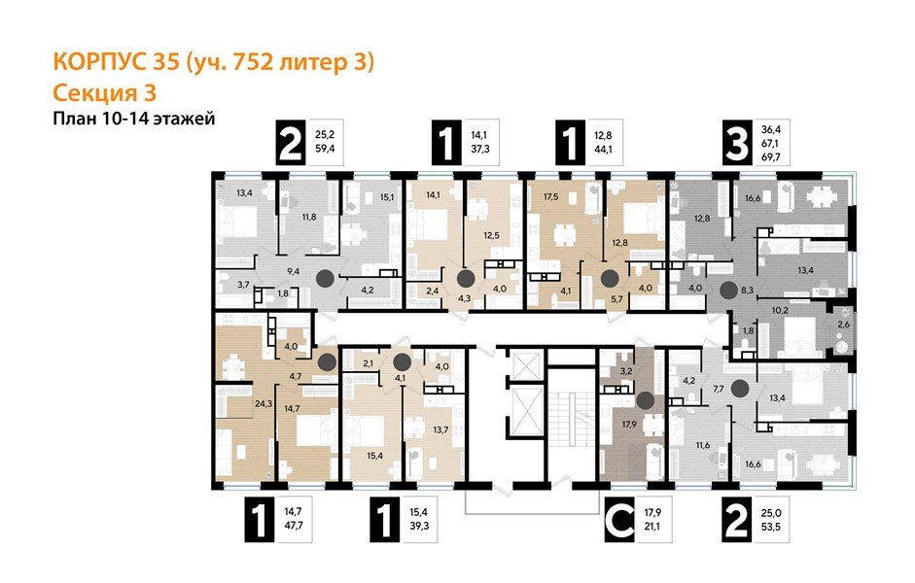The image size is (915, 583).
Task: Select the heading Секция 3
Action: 102,93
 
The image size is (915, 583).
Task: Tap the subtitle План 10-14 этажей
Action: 131,119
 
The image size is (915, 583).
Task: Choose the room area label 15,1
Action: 386,197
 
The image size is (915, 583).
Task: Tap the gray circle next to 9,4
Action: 326,278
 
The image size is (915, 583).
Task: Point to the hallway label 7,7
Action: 720,390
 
